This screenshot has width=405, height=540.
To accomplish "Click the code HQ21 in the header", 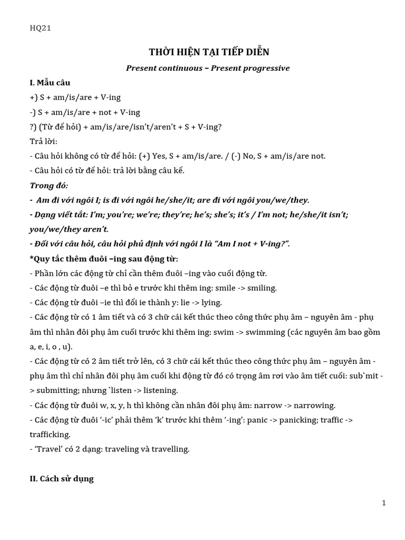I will (x=40, y=28).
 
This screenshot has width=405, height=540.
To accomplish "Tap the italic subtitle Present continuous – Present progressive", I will (x=208, y=68).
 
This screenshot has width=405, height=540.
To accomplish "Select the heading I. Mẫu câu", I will (x=50, y=83).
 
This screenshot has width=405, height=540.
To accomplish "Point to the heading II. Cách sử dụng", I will (x=61, y=478).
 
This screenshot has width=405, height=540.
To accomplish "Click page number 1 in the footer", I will (x=384, y=503).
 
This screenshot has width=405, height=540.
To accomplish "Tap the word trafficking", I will (x=49, y=435).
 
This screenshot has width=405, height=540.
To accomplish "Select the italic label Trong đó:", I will (x=49, y=186).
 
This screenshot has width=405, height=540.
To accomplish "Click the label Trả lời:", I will (x=43, y=141).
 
